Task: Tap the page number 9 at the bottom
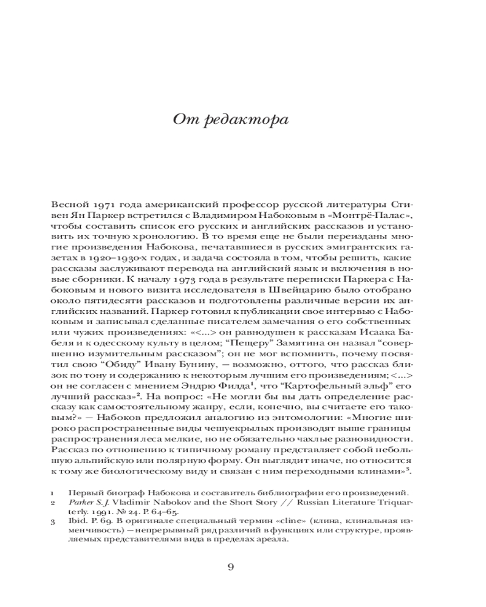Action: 230,568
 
